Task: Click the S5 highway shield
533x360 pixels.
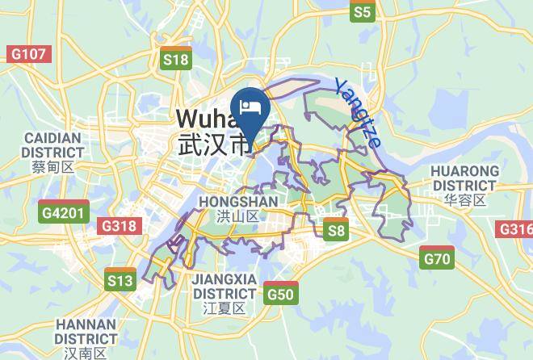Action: click(363, 11)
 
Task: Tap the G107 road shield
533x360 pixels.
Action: click(28, 54)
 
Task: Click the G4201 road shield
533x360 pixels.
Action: click(62, 214)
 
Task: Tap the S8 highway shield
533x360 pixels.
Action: click(336, 230)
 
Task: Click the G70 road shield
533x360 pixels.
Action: click(437, 258)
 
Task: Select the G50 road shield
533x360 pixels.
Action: click(280, 293)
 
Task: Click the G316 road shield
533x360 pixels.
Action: click(516, 229)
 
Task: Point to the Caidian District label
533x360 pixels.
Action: click(52, 144)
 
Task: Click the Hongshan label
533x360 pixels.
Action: click(237, 201)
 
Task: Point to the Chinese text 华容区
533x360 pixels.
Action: click(463, 200)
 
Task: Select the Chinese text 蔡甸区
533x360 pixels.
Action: click(52, 167)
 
